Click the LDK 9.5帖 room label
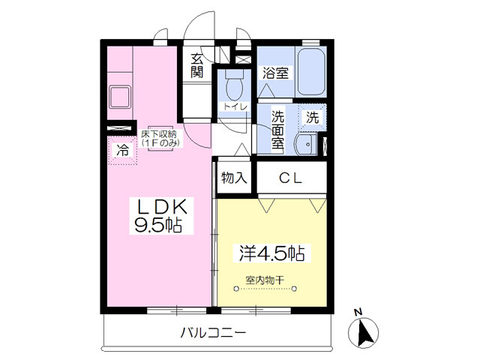pos(161,216)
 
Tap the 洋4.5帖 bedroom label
pos(271,253)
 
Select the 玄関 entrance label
pos(196,65)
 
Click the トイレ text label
pos(235,106)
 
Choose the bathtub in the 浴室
pos(311,72)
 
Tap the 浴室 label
pos(275,73)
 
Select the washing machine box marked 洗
pos(313,118)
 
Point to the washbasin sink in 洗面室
pos(304,143)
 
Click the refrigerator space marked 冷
pos(123,151)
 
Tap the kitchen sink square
pos(120,97)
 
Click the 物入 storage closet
pos(234,178)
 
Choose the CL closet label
pos(290,178)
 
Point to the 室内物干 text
pos(265,280)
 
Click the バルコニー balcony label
pos(213,332)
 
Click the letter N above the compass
pos(358,313)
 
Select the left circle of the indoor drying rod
pos(235,288)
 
